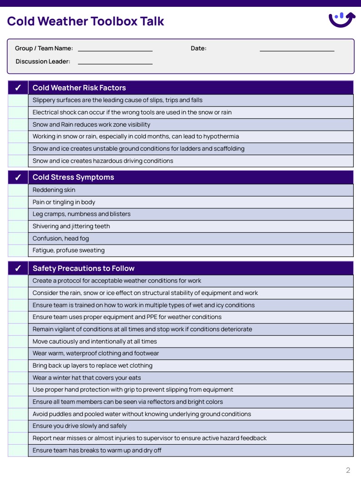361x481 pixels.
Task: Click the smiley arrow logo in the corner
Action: (x=341, y=20)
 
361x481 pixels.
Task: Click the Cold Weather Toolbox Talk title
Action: (x=85, y=21)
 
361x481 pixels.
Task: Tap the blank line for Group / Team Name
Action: (x=115, y=49)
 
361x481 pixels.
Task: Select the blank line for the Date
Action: (x=297, y=49)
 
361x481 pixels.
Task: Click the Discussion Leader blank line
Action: (x=115, y=62)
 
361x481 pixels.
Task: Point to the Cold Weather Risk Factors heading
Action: (x=79, y=88)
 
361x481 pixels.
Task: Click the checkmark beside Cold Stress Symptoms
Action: (x=18, y=177)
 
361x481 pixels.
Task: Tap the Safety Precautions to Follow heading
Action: (x=83, y=269)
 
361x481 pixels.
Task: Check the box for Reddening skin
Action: (x=18, y=190)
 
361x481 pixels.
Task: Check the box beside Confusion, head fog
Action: (x=18, y=239)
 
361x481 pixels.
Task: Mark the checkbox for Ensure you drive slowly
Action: (x=18, y=426)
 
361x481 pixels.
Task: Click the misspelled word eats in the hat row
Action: (x=135, y=378)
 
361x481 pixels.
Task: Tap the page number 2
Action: (x=348, y=470)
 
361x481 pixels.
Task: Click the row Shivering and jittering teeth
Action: (x=71, y=226)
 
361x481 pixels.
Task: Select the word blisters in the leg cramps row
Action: (x=120, y=214)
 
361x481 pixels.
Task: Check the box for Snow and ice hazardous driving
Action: (x=18, y=161)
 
